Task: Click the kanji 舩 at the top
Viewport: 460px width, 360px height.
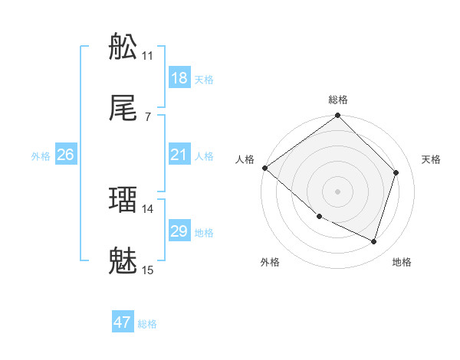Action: click(123, 47)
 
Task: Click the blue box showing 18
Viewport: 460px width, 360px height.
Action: click(179, 78)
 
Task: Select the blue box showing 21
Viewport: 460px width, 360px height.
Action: click(179, 155)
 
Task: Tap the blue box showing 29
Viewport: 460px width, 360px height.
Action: click(179, 231)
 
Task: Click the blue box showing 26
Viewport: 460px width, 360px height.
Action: click(65, 155)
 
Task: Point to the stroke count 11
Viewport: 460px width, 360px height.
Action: click(148, 56)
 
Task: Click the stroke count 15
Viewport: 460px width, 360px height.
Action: click(148, 270)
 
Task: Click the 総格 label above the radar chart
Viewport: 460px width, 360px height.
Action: click(338, 100)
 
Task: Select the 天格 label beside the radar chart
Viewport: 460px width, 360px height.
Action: click(432, 159)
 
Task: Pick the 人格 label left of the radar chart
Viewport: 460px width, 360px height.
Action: click(245, 159)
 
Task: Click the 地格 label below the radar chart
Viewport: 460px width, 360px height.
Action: click(402, 263)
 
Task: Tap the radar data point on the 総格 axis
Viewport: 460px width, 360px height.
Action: click(338, 116)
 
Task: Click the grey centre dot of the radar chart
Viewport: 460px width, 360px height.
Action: click(338, 191)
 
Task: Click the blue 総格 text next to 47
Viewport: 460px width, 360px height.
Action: click(147, 324)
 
